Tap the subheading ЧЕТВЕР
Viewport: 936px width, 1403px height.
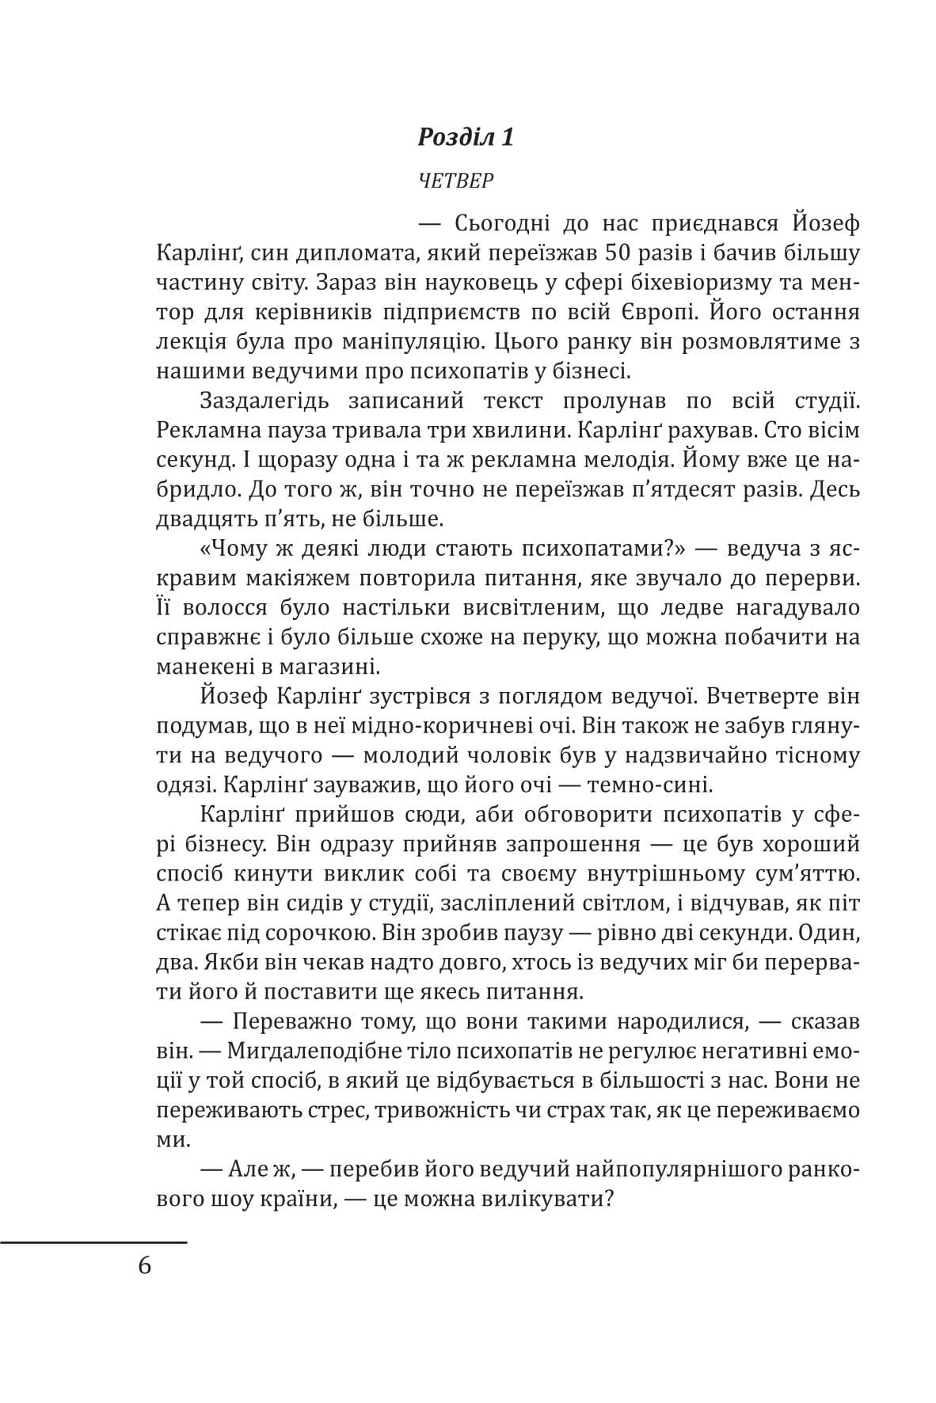pyautogui.click(x=455, y=181)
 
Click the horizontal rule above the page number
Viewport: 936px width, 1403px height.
pyautogui.click(x=93, y=1242)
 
